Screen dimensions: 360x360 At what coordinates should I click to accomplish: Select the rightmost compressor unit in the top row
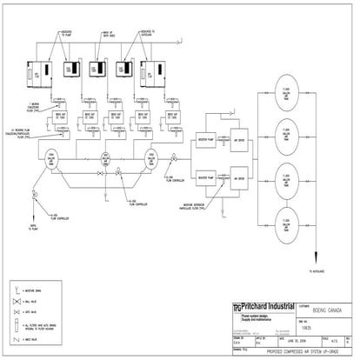click(155, 75)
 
